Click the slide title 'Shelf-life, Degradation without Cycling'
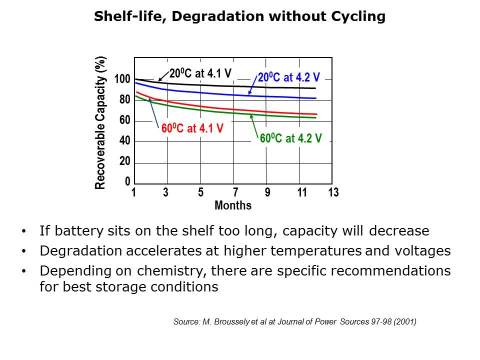pos(240,17)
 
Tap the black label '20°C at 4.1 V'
pos(200,73)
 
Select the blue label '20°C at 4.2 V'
pos(288,78)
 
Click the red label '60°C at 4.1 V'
pos(192,128)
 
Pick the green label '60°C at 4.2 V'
pos(290,138)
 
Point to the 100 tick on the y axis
pos(122,79)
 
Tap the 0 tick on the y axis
pos(127,181)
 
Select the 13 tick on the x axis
pos(333,193)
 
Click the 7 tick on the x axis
pos(234,193)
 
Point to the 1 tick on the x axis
pos(134,193)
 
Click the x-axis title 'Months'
pos(233,205)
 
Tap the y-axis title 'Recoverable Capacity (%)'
pos(100,122)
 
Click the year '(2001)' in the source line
pos(405,322)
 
